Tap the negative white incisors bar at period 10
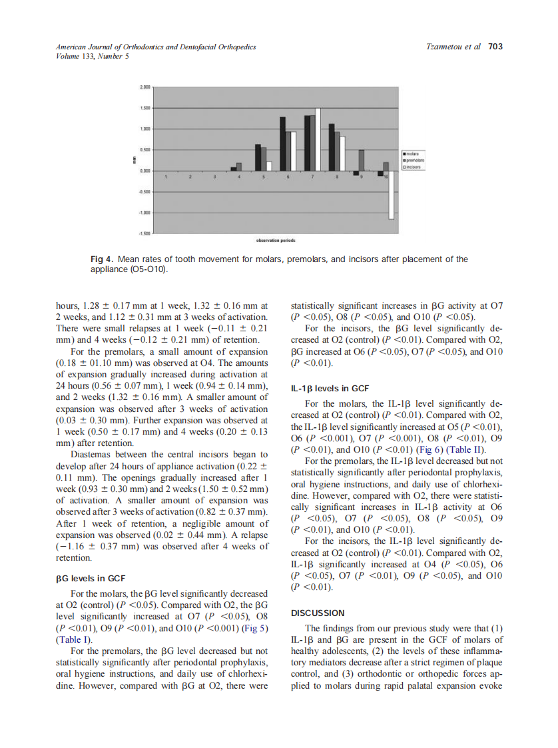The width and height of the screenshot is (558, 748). (392, 194)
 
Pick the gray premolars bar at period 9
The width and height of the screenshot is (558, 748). (361, 160)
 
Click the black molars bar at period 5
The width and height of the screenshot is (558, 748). (258, 157)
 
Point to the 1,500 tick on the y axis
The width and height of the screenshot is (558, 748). (144, 107)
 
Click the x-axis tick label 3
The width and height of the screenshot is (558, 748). (214, 177)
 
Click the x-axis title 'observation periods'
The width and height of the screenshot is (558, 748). (276, 240)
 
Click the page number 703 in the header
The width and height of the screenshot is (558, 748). (495, 47)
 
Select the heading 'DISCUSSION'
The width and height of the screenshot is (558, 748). (318, 613)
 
